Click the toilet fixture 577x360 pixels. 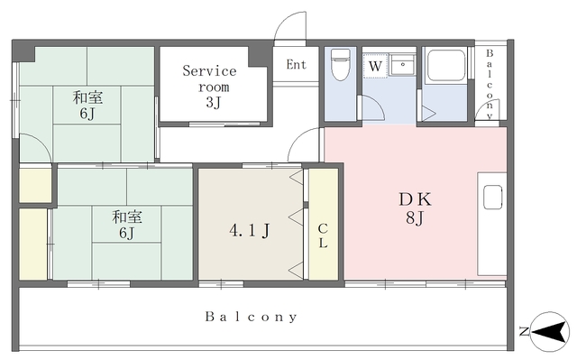click(x=341, y=64)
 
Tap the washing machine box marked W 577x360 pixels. click(x=375, y=66)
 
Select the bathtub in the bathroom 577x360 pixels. click(x=446, y=65)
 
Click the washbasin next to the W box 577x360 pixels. click(x=402, y=65)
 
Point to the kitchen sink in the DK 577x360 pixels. click(x=493, y=198)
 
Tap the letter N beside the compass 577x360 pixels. click(x=524, y=331)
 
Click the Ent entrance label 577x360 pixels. click(x=297, y=65)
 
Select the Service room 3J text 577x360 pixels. click(x=210, y=87)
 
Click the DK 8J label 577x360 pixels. click(x=416, y=208)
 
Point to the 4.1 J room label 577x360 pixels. click(x=250, y=231)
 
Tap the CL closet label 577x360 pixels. click(x=323, y=235)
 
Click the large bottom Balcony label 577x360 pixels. click(x=251, y=317)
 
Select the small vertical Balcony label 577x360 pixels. click(x=490, y=84)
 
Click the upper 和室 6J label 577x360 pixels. click(x=87, y=106)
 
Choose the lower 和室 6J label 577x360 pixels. click(x=126, y=225)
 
